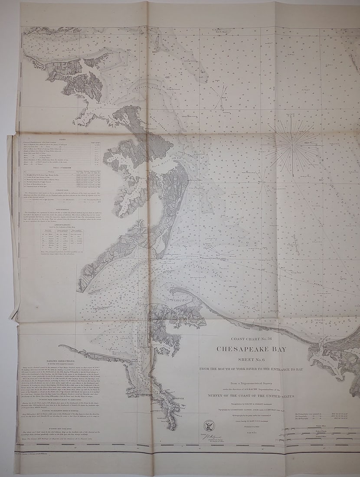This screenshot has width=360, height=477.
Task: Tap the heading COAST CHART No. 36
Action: pyautogui.click(x=251, y=339)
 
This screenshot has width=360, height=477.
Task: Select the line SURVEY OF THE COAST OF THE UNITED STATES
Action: pyautogui.click(x=251, y=396)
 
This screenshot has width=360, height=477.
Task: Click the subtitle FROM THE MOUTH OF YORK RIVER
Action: pyautogui.click(x=251, y=369)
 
